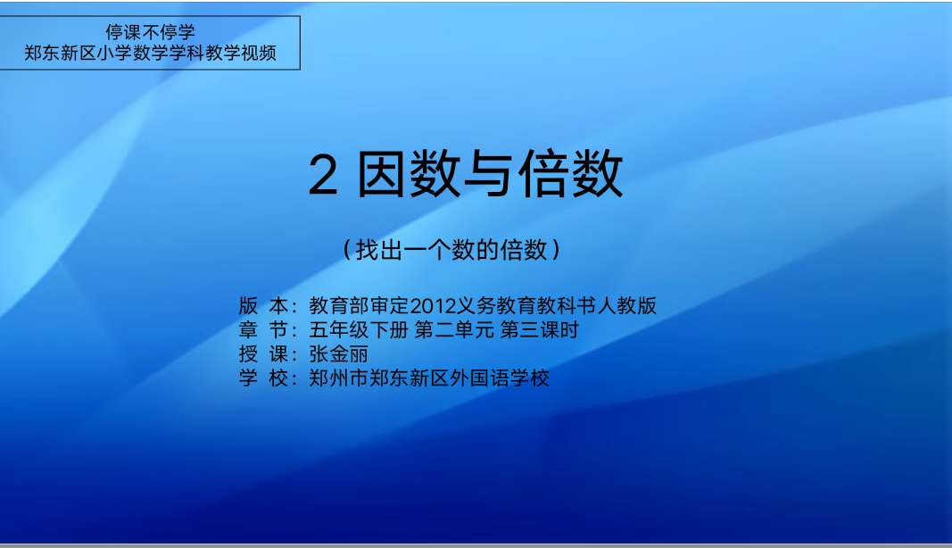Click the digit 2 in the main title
coord(322,175)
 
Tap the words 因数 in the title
coord(408,174)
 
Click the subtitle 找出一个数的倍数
coord(451,250)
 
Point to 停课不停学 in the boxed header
coord(150,31)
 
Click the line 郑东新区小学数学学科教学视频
coord(150,53)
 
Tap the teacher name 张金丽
coord(338,354)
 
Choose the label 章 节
coord(263,330)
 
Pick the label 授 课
coord(263,354)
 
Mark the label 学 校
coord(263,378)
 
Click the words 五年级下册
coord(358,330)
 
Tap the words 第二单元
coord(454,330)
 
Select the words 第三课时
coord(539,330)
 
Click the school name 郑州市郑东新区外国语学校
coord(429,378)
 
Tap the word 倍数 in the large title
coord(571,174)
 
